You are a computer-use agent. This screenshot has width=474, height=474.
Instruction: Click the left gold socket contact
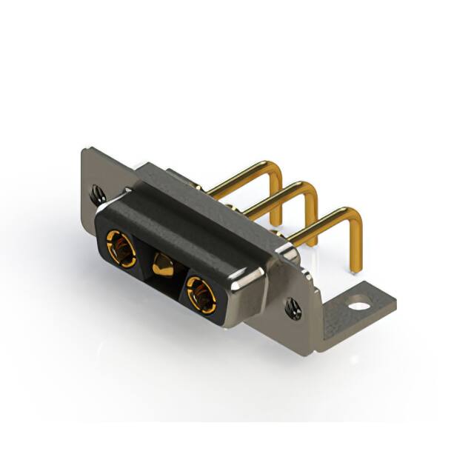pyautogui.click(x=120, y=248)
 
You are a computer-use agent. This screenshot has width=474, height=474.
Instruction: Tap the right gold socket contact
pyautogui.click(x=201, y=293)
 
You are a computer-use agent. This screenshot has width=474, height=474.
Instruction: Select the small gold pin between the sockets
pyautogui.click(x=162, y=264)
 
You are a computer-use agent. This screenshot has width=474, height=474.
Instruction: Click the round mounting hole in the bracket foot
pyautogui.click(x=360, y=303)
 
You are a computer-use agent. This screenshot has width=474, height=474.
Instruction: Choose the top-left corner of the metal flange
pyautogui.click(x=84, y=152)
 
